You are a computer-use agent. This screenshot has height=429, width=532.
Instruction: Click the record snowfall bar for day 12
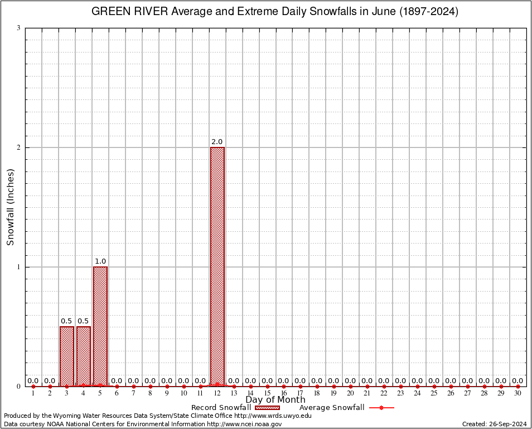[217, 266]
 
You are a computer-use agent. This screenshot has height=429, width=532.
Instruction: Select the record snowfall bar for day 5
[100, 326]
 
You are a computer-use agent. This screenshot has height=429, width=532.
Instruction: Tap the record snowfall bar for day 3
[67, 356]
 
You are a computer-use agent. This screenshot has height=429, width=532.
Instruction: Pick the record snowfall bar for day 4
[84, 356]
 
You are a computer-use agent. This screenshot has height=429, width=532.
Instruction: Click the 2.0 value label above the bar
[217, 142]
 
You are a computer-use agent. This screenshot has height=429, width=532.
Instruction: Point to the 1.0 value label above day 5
[100, 261]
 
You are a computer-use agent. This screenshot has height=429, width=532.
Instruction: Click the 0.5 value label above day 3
[66, 321]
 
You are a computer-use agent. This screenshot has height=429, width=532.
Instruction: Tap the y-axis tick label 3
[18, 28]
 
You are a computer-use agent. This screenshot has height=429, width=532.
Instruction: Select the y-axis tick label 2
[18, 147]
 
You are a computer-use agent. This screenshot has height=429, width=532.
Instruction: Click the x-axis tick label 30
[518, 394]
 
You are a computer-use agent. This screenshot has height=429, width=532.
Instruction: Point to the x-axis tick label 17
[301, 394]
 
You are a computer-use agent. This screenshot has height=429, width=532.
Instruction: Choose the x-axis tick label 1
[33, 394]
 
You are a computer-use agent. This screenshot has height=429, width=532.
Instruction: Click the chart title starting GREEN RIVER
[275, 12]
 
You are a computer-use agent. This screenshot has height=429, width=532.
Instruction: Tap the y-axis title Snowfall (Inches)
[10, 207]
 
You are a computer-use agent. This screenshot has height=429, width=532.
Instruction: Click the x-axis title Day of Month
[275, 400]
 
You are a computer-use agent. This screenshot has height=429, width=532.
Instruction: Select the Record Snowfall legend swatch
[268, 408]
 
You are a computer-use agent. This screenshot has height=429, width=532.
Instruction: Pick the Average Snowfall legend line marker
[381, 408]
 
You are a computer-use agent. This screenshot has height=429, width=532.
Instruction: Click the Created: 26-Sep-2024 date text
[495, 425]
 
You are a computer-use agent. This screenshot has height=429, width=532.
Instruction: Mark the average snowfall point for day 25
[434, 387]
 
